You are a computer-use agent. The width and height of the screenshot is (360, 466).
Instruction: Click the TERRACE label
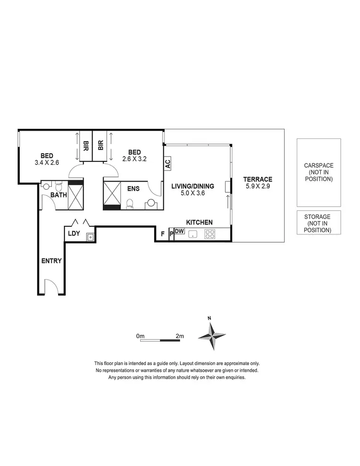click(x=257, y=179)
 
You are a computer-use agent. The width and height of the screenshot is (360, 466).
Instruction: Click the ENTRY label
click(x=51, y=261)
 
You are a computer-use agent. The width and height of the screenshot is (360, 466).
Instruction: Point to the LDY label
click(x=73, y=233)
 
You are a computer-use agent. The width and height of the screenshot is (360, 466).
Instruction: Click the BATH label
click(x=59, y=196)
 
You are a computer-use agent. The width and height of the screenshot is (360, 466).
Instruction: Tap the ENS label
click(x=133, y=189)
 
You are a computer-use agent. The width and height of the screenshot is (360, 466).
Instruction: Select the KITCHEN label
click(x=199, y=222)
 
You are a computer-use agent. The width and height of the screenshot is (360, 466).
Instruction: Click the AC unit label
click(x=168, y=163)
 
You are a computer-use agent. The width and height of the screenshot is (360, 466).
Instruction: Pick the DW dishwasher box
click(x=179, y=232)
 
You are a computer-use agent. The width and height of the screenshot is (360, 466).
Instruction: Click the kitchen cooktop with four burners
click(x=210, y=234)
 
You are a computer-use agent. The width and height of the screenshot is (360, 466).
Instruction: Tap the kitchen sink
click(x=193, y=234)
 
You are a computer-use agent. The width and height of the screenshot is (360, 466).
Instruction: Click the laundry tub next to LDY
click(x=89, y=236)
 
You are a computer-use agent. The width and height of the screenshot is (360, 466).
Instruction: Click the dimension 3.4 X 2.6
click(x=47, y=162)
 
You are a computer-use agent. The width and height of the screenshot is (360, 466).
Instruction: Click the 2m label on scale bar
click(x=180, y=336)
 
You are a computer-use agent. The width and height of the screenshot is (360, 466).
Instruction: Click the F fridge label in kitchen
click(x=163, y=234)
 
